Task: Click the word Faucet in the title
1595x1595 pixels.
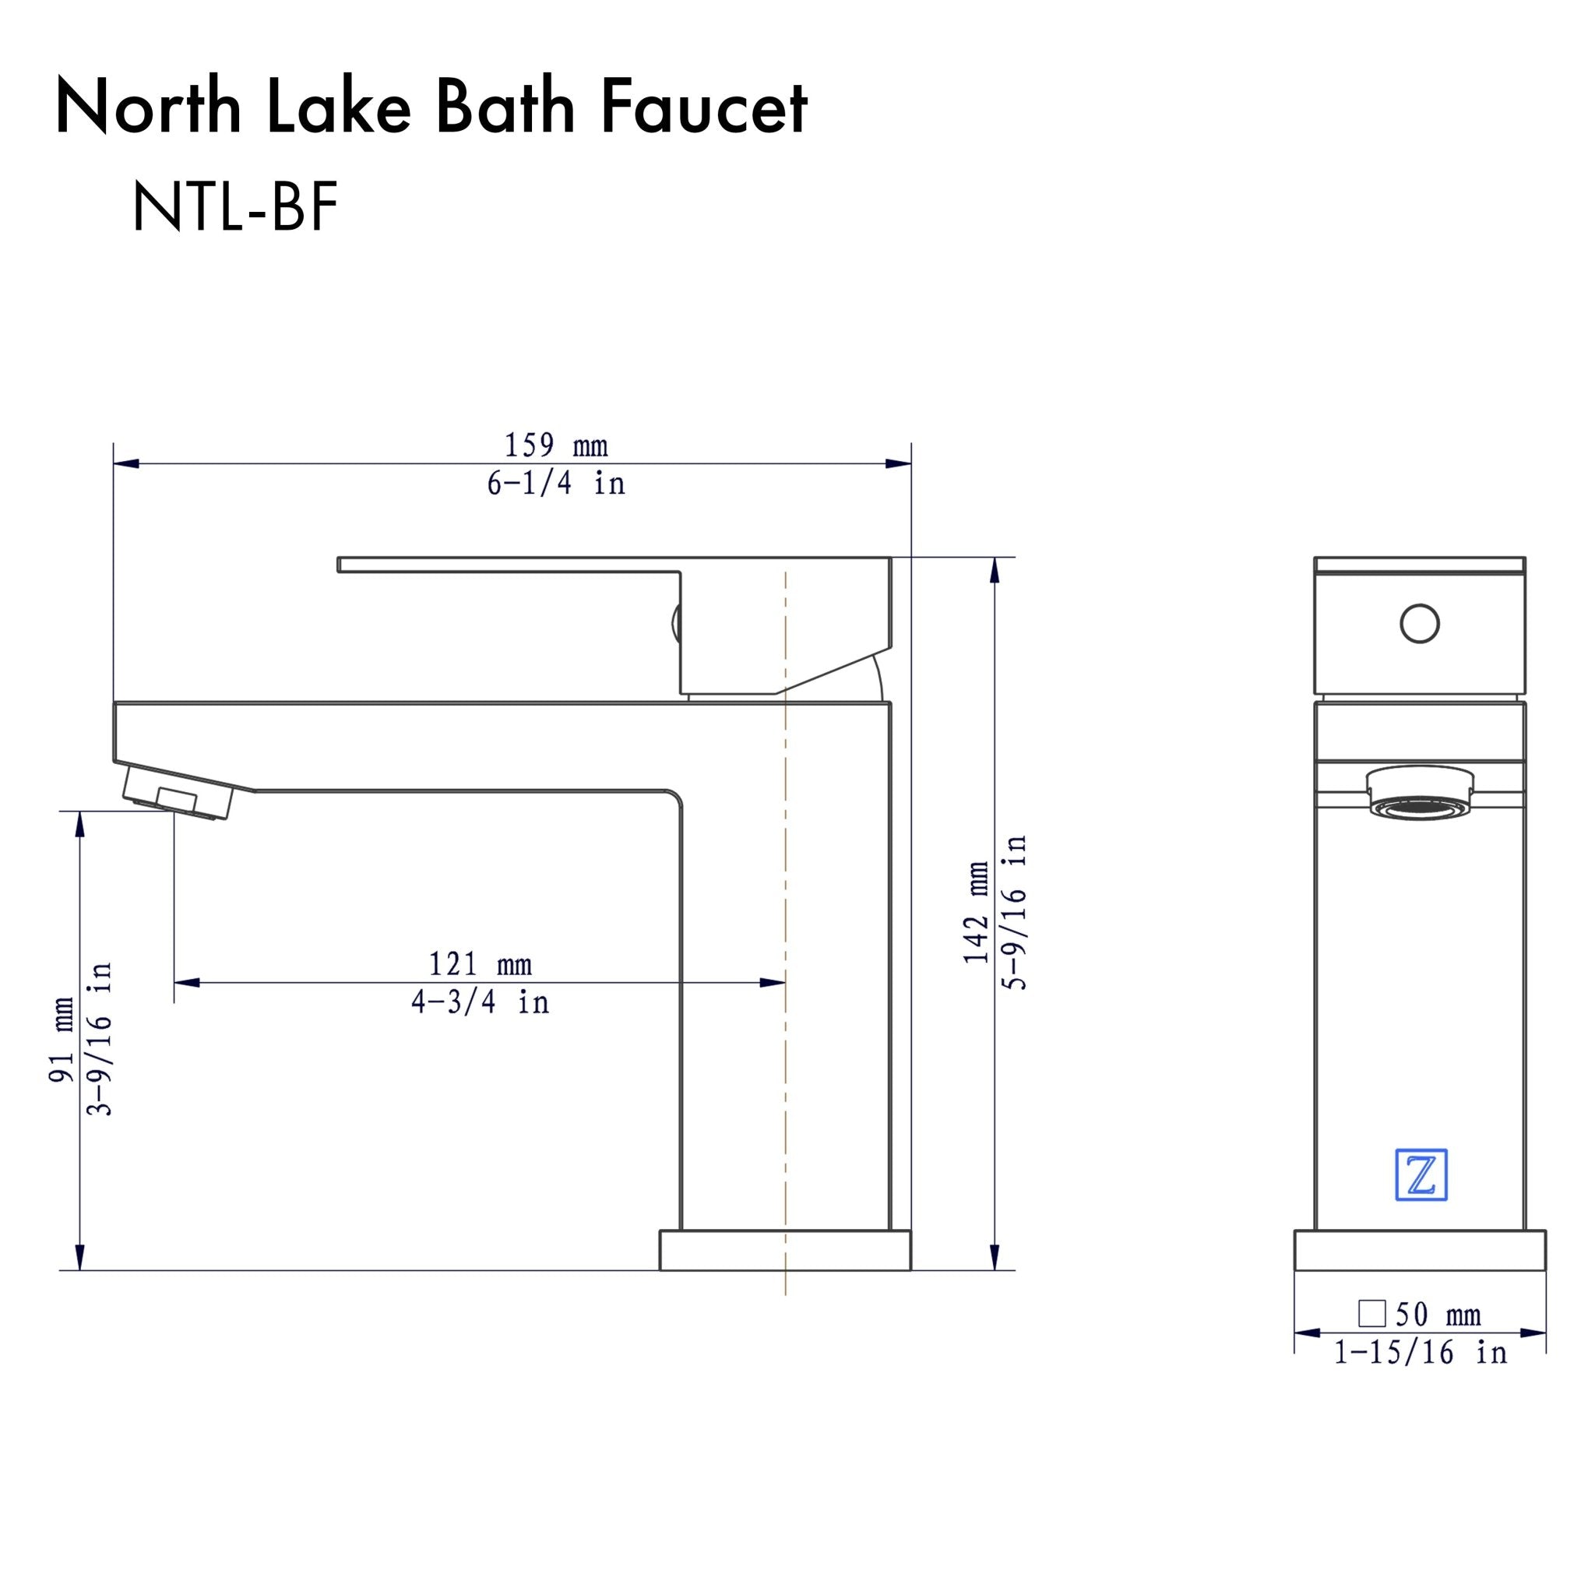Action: coord(703,107)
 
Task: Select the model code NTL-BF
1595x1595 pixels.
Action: coord(234,208)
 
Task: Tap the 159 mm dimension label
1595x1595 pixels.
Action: coord(555,445)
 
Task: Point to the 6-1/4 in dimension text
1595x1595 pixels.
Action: coord(555,483)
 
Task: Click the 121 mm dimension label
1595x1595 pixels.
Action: coord(480,964)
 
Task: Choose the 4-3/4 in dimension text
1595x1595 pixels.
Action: coord(480,1002)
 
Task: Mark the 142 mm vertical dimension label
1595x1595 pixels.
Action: coord(977,911)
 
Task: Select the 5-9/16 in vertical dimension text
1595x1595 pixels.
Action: coord(1015,911)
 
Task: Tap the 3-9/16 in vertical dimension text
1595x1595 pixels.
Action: coord(99,1040)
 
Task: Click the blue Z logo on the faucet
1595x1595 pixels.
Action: coord(1421,1174)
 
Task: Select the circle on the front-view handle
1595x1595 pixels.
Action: coord(1420,624)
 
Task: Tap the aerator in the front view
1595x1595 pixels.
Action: coord(1420,793)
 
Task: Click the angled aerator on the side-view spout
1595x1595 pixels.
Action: coord(178,794)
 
